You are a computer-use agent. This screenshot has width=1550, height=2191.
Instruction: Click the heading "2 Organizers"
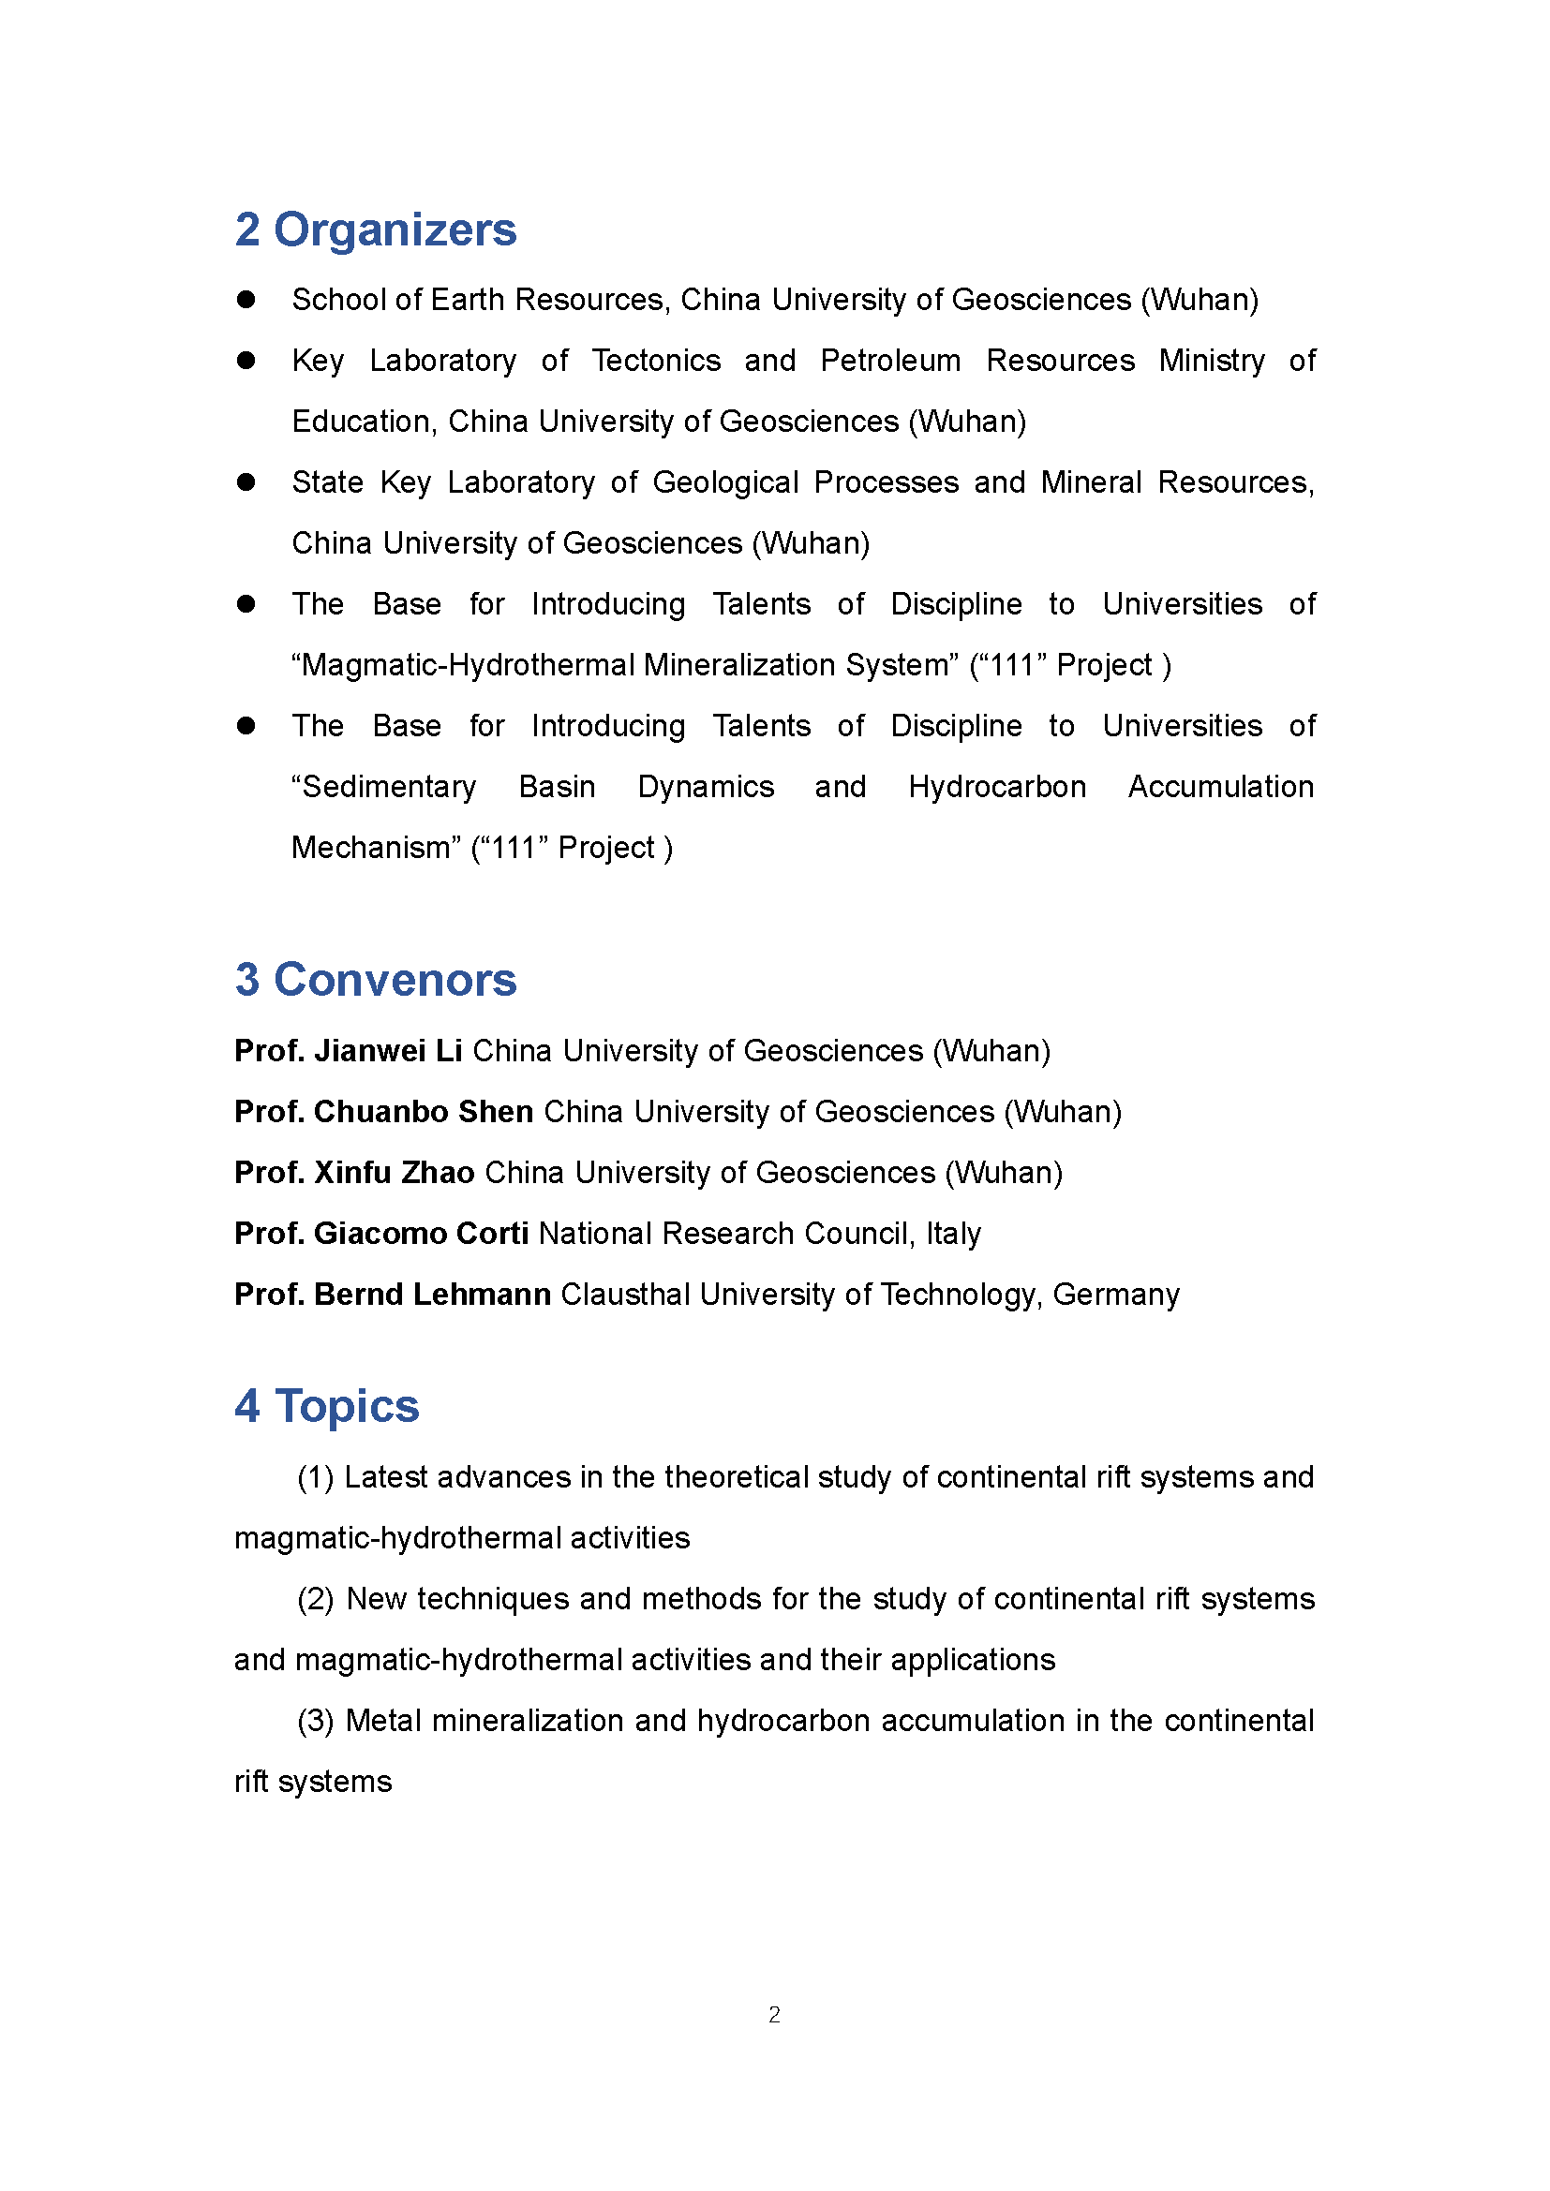pos(375,230)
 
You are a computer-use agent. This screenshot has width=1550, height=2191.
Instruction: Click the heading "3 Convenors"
pos(375,980)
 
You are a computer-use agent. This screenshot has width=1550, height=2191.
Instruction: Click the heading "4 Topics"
pos(326,1406)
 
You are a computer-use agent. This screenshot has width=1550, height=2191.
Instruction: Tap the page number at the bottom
pos(774,2015)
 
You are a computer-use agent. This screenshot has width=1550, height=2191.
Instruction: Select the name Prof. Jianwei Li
pos(349,1051)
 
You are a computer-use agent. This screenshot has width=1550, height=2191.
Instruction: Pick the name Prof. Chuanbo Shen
pos(383,1112)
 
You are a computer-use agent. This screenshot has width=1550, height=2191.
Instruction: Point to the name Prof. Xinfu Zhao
pos(354,1173)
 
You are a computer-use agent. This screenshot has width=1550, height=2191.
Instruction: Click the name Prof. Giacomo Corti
pos(380,1234)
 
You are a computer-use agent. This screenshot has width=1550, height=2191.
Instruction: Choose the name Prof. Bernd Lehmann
pos(393,1295)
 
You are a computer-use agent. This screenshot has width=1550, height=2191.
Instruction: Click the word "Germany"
pos(1116,1295)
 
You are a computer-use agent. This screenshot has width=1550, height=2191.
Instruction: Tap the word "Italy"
pos(952,1234)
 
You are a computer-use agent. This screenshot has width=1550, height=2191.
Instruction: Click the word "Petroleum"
pos(890,361)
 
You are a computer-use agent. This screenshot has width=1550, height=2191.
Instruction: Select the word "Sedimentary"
pos(383,787)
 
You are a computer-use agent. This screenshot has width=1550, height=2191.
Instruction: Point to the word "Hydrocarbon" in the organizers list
pos(997,787)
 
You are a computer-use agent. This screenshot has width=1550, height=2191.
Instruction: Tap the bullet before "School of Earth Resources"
pos(246,300)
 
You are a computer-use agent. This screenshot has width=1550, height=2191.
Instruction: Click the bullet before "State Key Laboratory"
pos(246,482)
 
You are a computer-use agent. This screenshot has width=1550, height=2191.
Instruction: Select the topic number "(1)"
pos(315,1477)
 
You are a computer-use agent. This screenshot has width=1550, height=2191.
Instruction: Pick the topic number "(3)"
pos(315,1721)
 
